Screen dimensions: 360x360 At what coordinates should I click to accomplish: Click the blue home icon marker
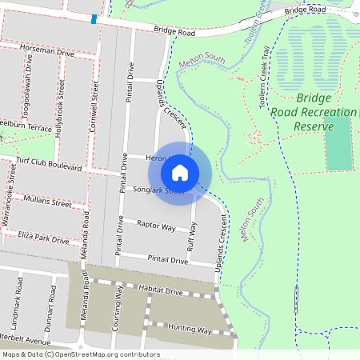click(x=180, y=173)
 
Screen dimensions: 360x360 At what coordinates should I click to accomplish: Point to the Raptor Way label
click(x=156, y=226)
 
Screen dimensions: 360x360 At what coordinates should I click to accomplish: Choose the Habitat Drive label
click(x=160, y=292)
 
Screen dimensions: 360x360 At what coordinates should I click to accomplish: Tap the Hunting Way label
click(x=187, y=330)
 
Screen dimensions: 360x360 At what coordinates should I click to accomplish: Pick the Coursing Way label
click(x=118, y=312)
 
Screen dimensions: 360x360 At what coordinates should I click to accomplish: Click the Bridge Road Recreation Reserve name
click(x=313, y=112)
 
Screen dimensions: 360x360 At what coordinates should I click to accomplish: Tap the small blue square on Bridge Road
click(x=94, y=18)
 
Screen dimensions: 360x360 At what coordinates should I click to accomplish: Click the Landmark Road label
click(x=18, y=301)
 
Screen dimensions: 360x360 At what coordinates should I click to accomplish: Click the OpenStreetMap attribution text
click(x=80, y=354)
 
